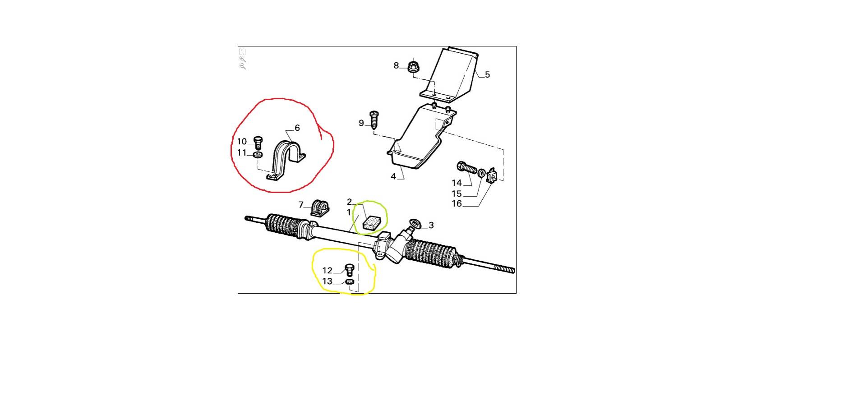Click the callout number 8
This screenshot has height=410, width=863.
click(396, 66)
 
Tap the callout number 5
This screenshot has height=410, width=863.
click(487, 75)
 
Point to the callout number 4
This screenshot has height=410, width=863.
click(393, 177)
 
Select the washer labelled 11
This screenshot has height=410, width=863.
click(258, 155)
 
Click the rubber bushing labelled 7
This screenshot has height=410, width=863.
click(319, 208)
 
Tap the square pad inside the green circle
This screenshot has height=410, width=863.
click(372, 223)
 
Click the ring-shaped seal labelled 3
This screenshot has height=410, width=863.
click(414, 223)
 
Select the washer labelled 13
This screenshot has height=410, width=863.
click(350, 282)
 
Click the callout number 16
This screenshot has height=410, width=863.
click(457, 204)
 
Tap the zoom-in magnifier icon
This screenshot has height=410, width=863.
click(243, 59)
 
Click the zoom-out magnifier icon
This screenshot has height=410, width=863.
click(243, 66)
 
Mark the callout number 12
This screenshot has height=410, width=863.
click(327, 271)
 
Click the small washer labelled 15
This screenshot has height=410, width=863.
click(481, 173)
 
